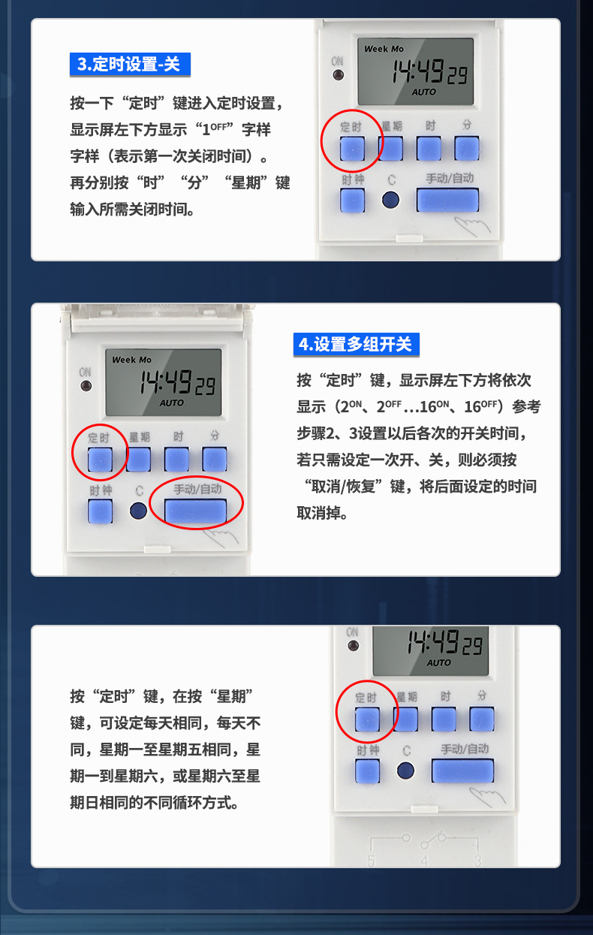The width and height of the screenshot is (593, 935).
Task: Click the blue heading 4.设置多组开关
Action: (x=355, y=344)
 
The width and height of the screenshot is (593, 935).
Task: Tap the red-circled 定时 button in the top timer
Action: (x=352, y=149)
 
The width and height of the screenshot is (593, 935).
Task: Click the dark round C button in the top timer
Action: (x=390, y=200)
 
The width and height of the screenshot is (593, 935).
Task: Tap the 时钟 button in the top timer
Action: (x=352, y=201)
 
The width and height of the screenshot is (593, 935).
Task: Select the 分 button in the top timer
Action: (x=466, y=149)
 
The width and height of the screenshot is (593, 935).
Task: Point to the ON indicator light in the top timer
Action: (x=338, y=76)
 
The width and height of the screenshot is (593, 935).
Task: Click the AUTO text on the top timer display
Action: (x=423, y=92)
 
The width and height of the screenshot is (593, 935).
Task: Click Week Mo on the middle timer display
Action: (x=131, y=360)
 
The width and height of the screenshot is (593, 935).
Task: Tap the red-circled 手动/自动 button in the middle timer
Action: (x=196, y=511)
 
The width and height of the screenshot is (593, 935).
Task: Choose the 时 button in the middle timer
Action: (x=177, y=459)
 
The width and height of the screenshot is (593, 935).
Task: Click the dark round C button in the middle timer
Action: (x=138, y=511)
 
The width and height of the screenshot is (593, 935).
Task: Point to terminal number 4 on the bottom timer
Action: (x=424, y=861)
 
